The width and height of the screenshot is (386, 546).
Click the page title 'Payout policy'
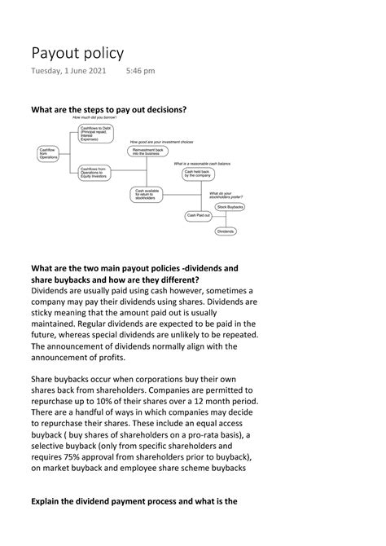[77, 54]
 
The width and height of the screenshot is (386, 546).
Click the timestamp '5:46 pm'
[141, 72]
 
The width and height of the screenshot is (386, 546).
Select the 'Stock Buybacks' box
[231, 209]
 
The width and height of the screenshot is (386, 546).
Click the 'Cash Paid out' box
[199, 216]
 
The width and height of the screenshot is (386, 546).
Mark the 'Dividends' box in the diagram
[226, 232]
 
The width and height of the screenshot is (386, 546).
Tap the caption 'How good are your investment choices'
[161, 142]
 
